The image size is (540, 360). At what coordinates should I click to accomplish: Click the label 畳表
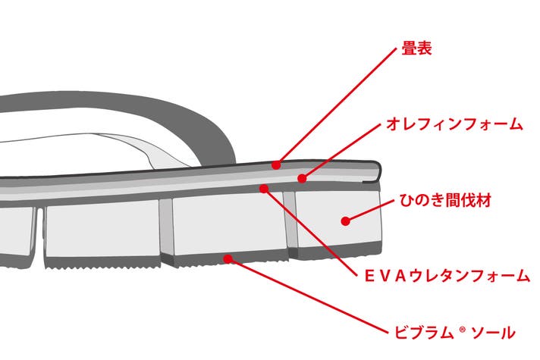point(416,49)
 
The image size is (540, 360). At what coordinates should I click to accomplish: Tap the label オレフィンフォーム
point(454,124)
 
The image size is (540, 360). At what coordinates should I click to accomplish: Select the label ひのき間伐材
point(445,200)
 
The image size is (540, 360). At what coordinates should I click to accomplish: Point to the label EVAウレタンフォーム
point(447,276)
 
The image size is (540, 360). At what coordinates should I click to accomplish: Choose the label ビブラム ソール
point(454,333)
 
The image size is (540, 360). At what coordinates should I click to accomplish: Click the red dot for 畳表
point(276,165)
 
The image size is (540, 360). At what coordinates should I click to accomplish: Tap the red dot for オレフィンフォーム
point(302,178)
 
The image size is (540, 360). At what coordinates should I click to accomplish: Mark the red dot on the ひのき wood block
point(345,221)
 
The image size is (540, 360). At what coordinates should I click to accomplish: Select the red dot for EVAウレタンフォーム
point(264,188)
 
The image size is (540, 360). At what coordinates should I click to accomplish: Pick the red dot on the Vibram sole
point(228,258)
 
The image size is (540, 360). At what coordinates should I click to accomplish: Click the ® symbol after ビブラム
point(462,330)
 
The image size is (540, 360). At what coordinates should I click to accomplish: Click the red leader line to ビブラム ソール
point(308,296)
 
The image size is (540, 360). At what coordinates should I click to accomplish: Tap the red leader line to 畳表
point(337,106)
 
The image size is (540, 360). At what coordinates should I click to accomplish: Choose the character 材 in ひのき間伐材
point(484,200)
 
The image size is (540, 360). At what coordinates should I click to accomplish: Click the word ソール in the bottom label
point(493,333)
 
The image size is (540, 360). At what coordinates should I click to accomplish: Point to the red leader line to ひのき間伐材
point(369,210)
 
